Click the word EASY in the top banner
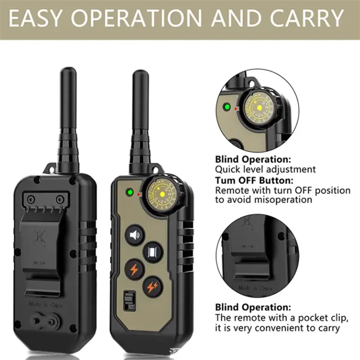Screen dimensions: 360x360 pyautogui.click(x=43, y=19)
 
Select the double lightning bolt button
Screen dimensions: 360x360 pyautogui.click(x=153, y=287)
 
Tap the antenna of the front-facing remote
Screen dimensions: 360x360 pyautogui.click(x=140, y=118)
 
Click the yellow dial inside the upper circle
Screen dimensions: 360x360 pyautogui.click(x=260, y=107)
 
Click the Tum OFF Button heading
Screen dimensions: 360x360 pyautogui.click(x=254, y=180)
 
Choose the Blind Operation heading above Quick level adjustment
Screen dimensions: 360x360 pyautogui.click(x=253, y=159)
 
